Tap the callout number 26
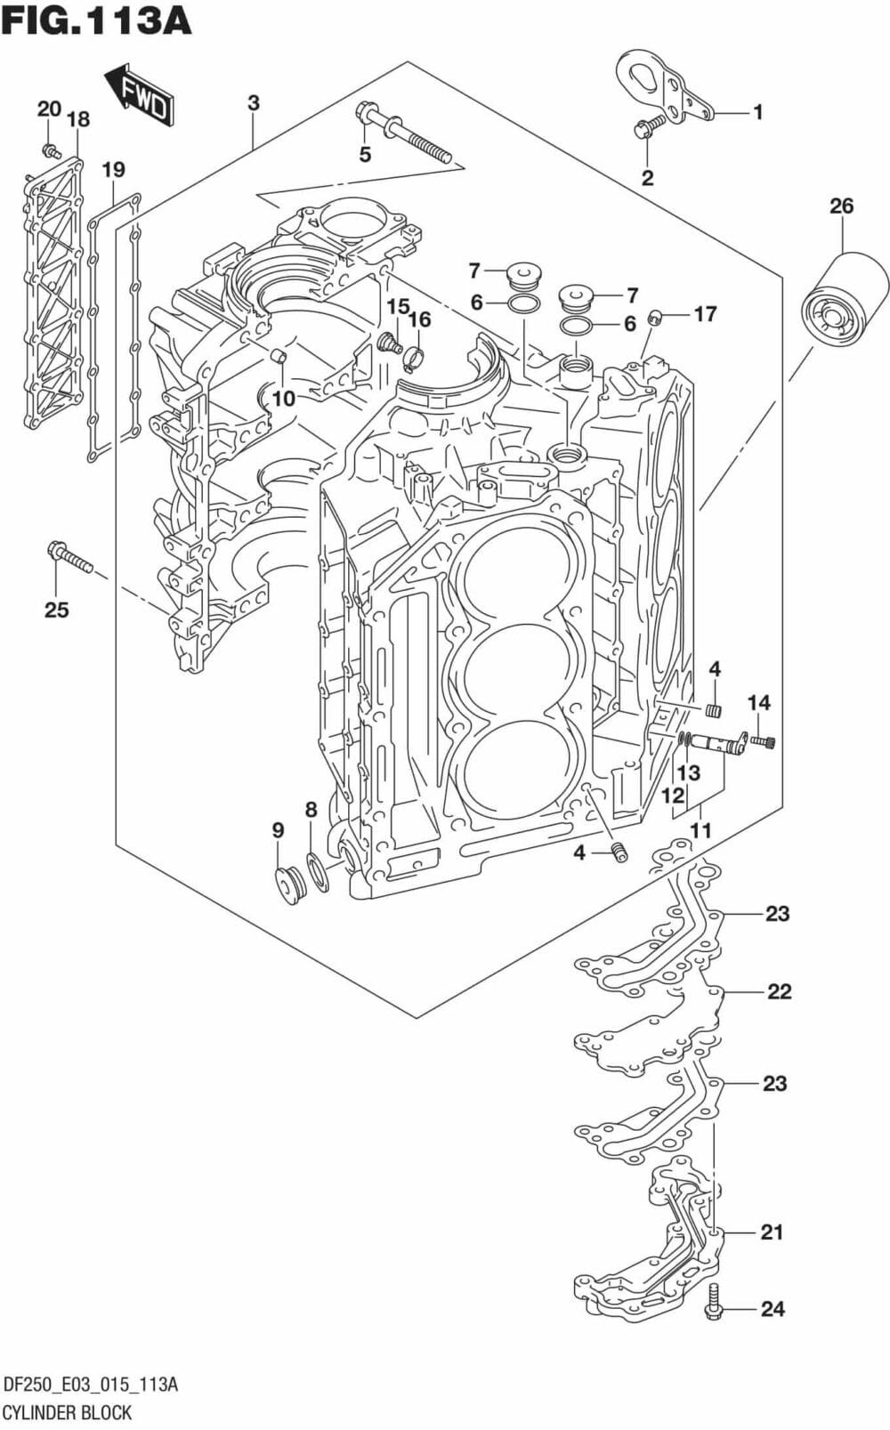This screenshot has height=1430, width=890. pyautogui.click(x=841, y=206)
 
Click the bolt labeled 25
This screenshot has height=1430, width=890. pyautogui.click(x=69, y=557)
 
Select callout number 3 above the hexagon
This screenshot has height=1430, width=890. pyautogui.click(x=254, y=103)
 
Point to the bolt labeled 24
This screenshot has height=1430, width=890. pyautogui.click(x=714, y=1304)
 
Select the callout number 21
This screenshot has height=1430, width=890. pyautogui.click(x=771, y=1232)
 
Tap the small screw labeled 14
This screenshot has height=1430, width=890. pyautogui.click(x=764, y=740)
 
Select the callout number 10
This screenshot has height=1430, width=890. pyautogui.click(x=283, y=398)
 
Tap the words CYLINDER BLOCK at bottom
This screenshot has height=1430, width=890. pyautogui.click(x=68, y=1411)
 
